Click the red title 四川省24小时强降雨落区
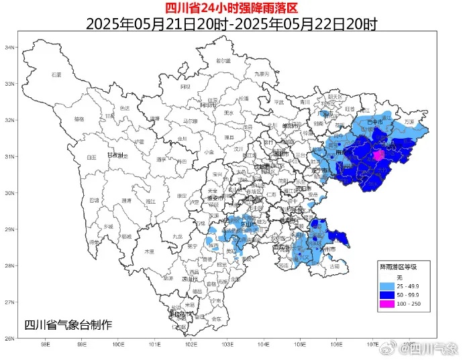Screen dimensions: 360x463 [231, 7]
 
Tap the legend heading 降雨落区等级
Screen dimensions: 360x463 [399, 267]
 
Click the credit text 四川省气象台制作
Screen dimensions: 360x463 [68, 325]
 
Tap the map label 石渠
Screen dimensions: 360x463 [56, 74]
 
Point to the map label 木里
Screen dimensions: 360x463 [150, 251]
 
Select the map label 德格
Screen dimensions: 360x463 [79, 119]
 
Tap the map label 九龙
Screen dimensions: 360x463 [177, 236]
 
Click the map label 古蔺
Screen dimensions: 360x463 [333, 267]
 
